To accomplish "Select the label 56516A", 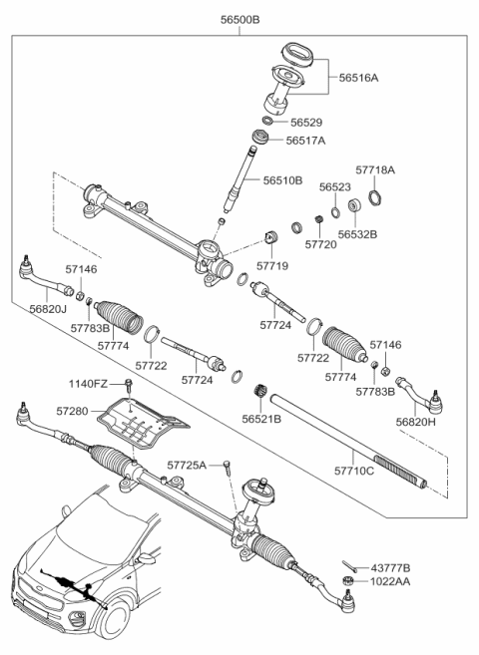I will coord(358,76).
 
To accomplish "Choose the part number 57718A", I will coord(376,170).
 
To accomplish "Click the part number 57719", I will coord(271,266).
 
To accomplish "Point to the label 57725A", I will coord(187,465).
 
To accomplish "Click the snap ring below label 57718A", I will coord(373,193).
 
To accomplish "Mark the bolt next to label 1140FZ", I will coord(131,385).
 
